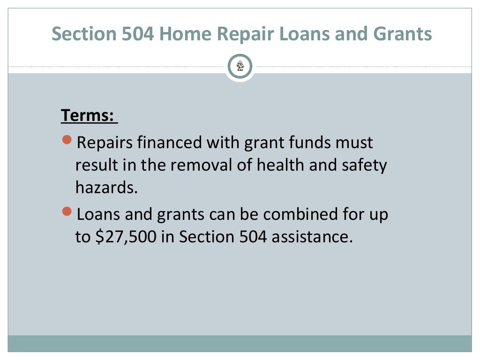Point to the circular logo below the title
coord(240,67)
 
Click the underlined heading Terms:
coord(89,115)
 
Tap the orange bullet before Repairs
coord(67,140)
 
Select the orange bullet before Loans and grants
coord(67,213)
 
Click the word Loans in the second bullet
coord(98,215)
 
